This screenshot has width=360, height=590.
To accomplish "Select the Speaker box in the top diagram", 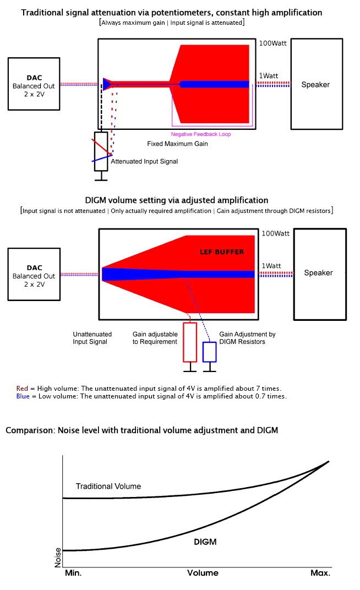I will tap(316, 84).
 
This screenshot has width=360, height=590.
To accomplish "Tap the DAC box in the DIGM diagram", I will tap(34, 273).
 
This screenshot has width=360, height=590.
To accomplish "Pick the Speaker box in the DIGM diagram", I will tap(320, 273).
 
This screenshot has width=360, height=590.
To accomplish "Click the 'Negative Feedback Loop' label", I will tap(201, 134).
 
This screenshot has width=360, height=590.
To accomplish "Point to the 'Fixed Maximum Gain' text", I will tap(177, 144).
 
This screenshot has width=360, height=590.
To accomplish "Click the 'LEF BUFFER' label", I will tap(221, 252).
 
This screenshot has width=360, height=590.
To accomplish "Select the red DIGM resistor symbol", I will tap(190, 342).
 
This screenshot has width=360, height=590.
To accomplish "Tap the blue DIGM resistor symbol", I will tap(209, 352).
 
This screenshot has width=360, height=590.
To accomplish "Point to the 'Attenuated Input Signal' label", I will tap(144, 161).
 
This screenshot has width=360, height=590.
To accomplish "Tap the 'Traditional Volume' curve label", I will tap(108, 486).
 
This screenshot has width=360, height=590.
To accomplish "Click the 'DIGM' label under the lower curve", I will tap(205, 542).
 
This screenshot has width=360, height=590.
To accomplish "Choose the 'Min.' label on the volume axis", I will tap(73, 573).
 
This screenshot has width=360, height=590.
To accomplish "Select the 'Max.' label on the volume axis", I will tap(320, 573).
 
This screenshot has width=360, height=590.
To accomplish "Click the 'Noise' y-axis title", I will tap(58, 558).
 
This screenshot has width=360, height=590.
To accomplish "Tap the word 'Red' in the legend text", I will tap(22, 388).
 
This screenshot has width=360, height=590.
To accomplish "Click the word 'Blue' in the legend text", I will tap(23, 396).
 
